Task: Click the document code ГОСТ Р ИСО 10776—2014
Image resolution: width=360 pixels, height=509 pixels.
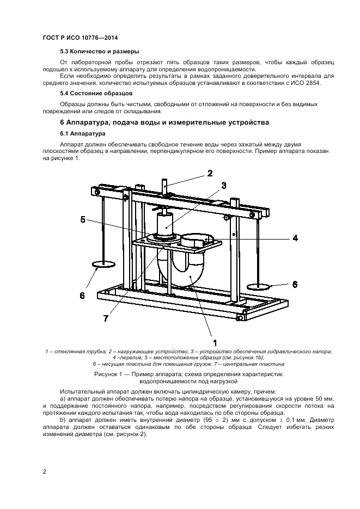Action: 80,38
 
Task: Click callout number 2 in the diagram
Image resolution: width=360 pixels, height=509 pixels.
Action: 209,174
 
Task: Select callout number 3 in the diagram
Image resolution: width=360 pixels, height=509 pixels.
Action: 223,185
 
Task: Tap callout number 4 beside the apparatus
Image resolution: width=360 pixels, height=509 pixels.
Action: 295,237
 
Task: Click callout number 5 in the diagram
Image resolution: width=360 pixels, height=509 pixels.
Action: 82,219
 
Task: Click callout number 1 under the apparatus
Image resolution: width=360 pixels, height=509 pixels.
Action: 215,343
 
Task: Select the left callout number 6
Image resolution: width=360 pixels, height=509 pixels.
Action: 82,296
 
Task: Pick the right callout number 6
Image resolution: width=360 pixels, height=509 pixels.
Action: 294,284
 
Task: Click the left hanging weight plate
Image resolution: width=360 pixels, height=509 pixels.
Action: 102,265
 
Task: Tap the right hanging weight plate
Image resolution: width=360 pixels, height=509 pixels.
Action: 260,286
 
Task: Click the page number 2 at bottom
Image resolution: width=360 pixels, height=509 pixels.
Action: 44,471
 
